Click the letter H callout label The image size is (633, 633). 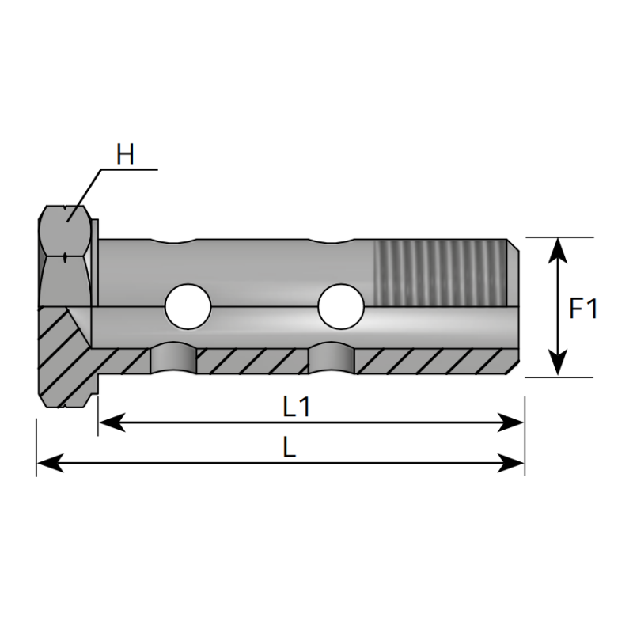click(125, 154)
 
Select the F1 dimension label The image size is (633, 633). click(583, 308)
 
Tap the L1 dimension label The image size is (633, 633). click(296, 407)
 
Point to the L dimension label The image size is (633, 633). click(289, 448)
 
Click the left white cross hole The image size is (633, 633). click(188, 305)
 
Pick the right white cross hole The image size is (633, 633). click(341, 305)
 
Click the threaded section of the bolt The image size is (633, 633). click(438, 272)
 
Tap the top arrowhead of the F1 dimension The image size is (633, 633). click(559, 247)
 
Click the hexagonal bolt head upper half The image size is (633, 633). click(66, 229)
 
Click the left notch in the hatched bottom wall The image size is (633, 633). click(173, 359)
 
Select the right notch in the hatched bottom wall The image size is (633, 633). click(332, 359)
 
